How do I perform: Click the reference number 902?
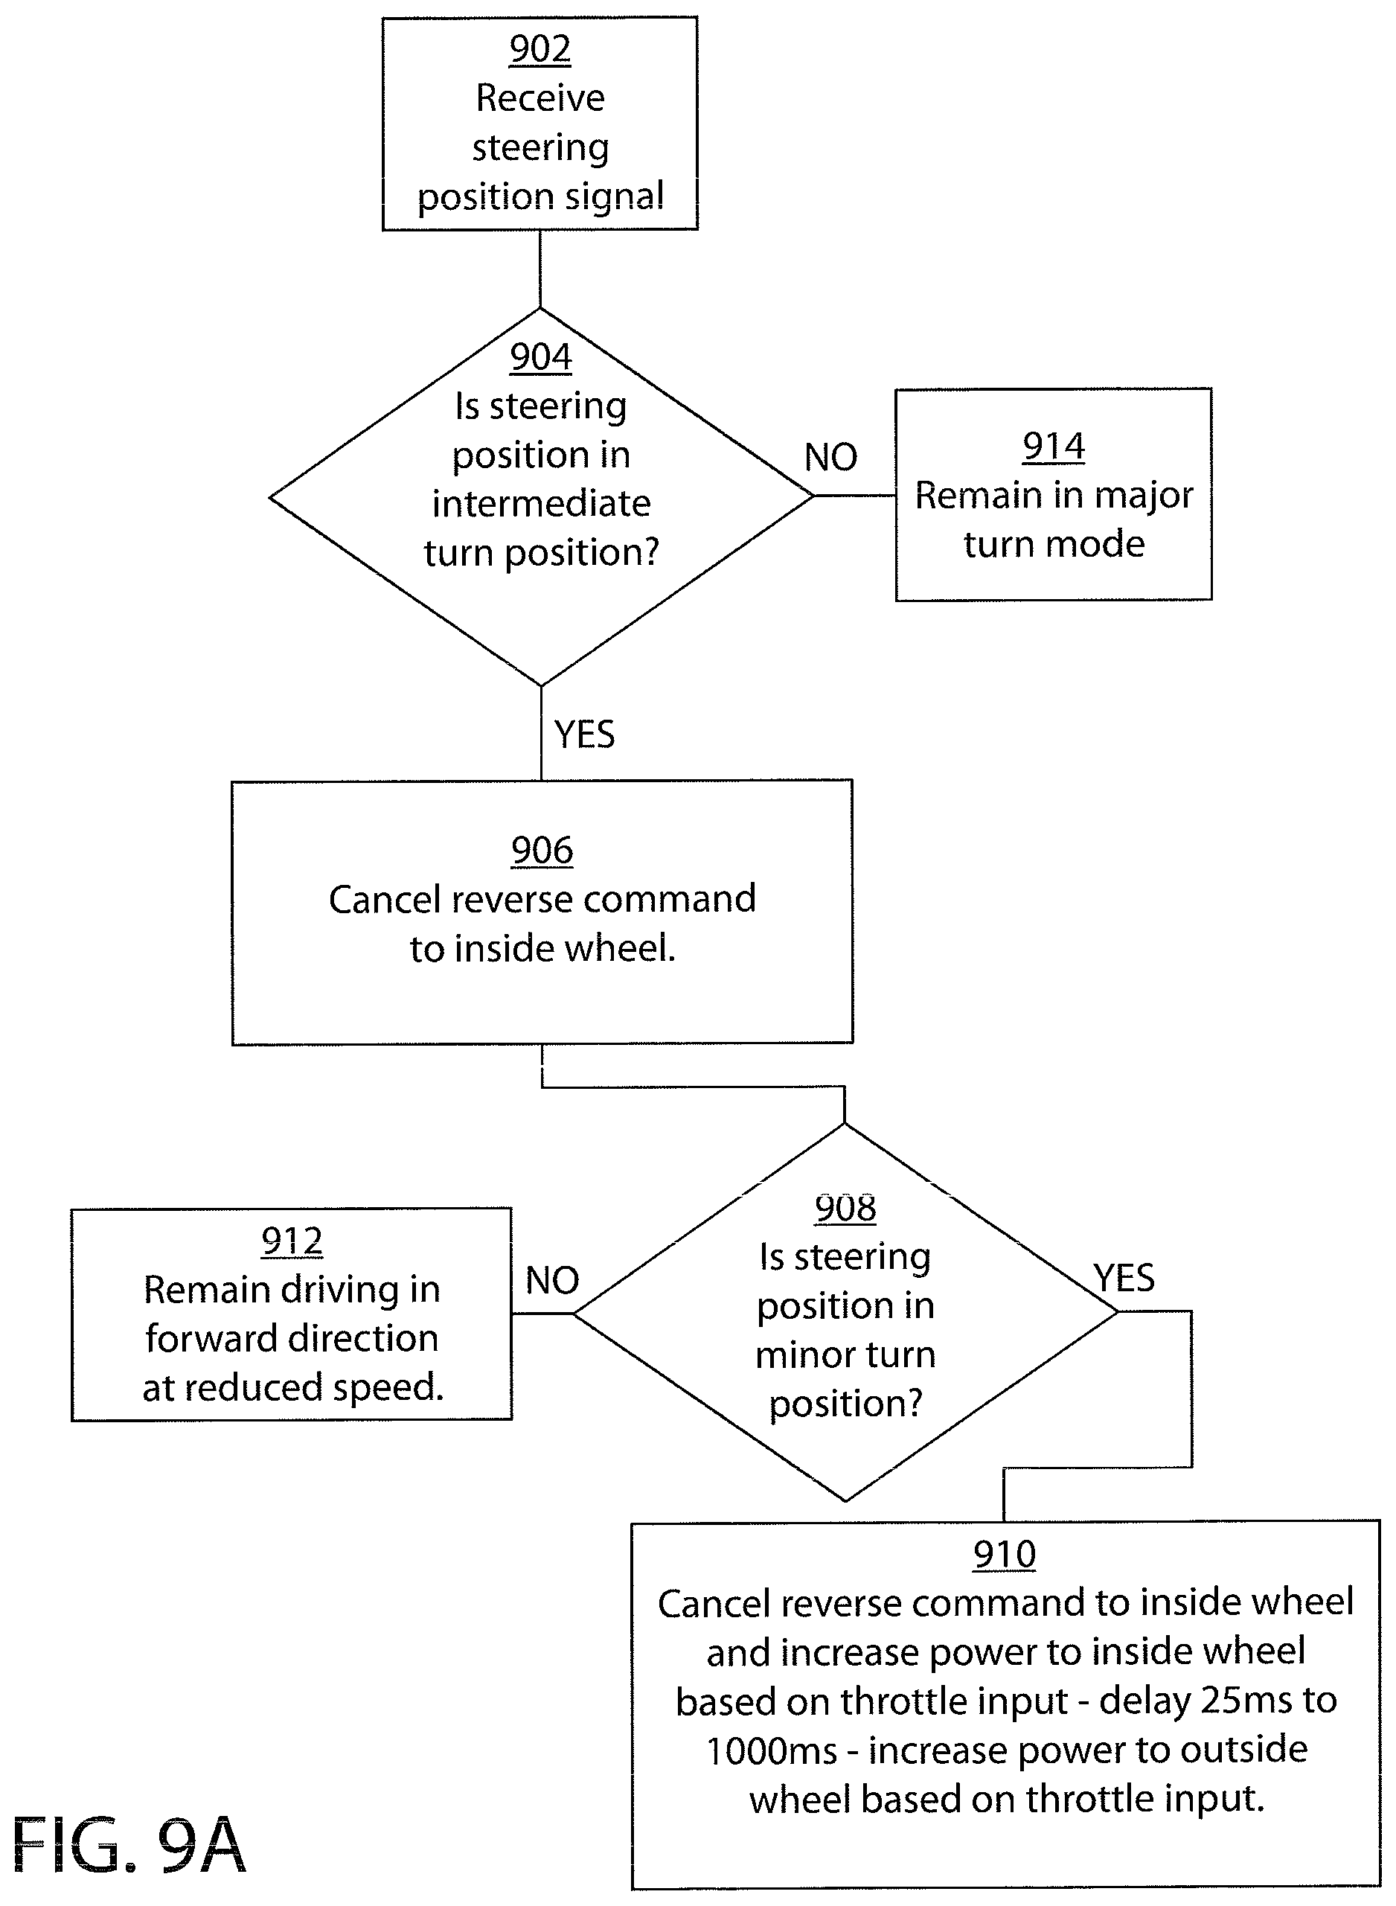click(x=540, y=49)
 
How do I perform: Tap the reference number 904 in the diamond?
click(x=541, y=356)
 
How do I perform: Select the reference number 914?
click(x=1054, y=447)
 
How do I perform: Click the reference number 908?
click(x=845, y=1208)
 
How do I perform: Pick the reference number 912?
click(x=292, y=1241)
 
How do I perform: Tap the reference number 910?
click(x=1004, y=1555)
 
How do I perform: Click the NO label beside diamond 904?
click(x=830, y=457)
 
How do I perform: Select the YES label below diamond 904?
click(x=584, y=734)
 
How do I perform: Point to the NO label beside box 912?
click(x=552, y=1281)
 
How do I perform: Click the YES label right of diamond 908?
click(x=1124, y=1277)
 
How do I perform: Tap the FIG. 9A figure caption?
click(x=129, y=1845)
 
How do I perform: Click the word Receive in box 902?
click(x=540, y=98)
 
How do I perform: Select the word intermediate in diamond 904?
click(x=541, y=504)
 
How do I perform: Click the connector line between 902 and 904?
click(x=540, y=269)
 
